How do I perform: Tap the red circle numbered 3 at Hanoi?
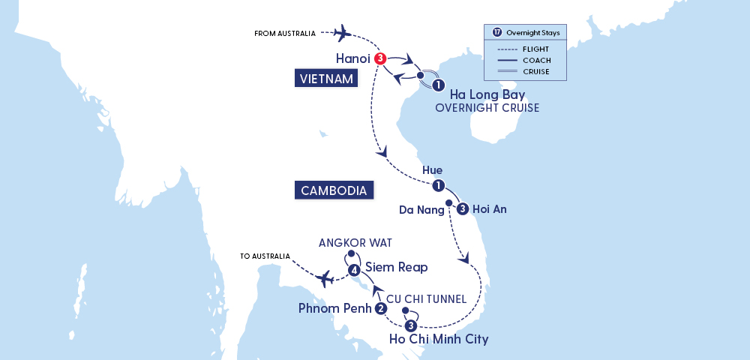click(x=381, y=58)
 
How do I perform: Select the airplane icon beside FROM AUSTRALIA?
click(x=341, y=32)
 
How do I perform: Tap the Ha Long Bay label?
click(x=487, y=95)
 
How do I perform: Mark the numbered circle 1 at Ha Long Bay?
click(x=438, y=85)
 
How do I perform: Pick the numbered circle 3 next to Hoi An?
click(x=463, y=208)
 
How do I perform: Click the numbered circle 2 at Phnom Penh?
click(x=381, y=308)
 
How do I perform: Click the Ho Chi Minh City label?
click(x=439, y=339)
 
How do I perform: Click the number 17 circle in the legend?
click(x=497, y=32)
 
